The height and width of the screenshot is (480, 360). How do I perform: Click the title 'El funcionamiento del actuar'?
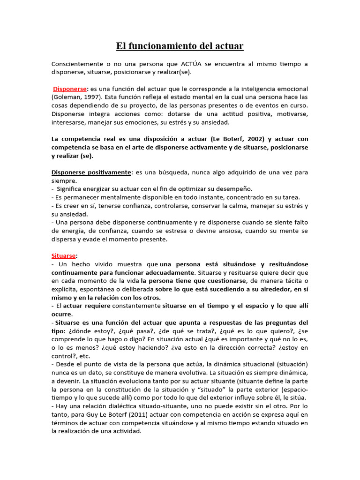coord(180,46)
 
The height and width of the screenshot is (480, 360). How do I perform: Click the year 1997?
coord(91,97)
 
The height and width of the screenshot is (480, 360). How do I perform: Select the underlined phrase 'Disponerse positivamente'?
coord(91,172)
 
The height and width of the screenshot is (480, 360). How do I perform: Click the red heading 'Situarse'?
coord(63,255)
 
